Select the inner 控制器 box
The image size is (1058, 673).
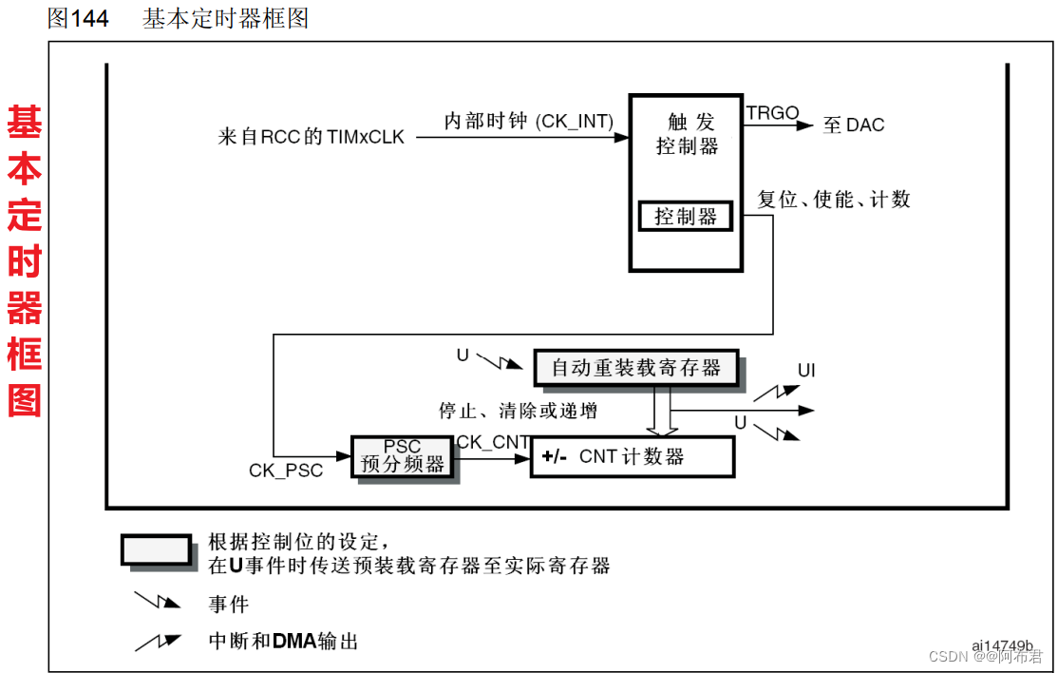point(686,217)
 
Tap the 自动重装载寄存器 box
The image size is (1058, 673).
point(635,367)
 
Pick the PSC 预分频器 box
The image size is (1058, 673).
point(403,456)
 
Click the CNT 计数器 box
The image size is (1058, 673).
point(633,456)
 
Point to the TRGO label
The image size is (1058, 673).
point(772,113)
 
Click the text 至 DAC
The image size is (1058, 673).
point(854,125)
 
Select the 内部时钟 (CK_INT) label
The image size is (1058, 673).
point(529,122)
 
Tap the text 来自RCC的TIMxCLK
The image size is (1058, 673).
point(312,137)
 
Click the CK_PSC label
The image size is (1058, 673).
point(286,471)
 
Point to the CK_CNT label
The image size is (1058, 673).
point(493,442)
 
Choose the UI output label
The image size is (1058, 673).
point(806,371)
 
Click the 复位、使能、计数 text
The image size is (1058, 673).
point(834,200)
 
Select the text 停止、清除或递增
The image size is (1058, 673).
point(518,411)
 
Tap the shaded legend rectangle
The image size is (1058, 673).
point(156,549)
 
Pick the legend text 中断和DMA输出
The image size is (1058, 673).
point(283,641)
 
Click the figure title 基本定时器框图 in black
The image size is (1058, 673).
point(226,18)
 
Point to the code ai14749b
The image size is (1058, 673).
point(1002,646)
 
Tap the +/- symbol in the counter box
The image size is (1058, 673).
point(554,457)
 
